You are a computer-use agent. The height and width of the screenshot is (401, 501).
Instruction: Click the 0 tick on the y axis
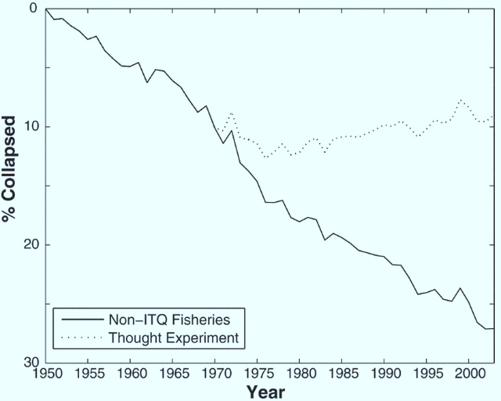click(34, 9)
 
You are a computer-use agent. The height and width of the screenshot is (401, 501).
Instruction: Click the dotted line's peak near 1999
click(461, 100)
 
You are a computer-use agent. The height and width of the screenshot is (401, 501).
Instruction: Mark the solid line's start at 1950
click(46, 9)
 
